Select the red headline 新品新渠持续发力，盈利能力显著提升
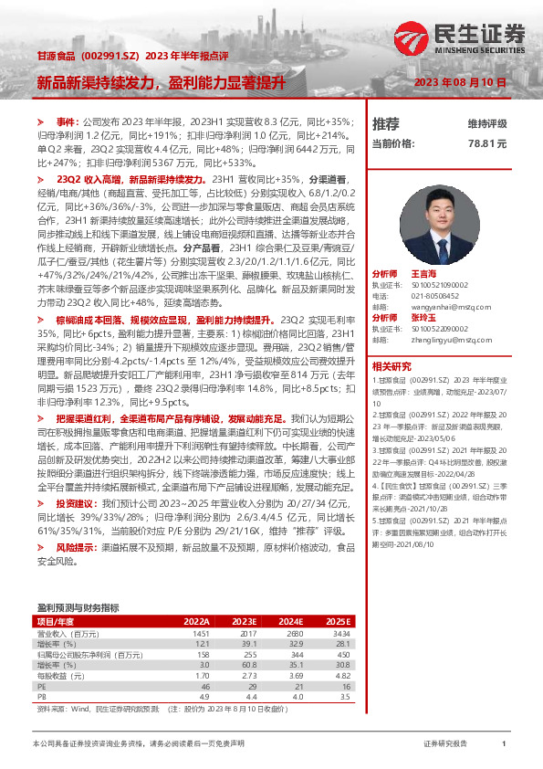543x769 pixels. tap(161, 82)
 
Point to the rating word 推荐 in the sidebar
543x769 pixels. tap(386, 123)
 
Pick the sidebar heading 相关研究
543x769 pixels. tap(392, 365)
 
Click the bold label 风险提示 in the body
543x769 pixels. tap(77, 547)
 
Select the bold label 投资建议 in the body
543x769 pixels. tap(77, 503)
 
